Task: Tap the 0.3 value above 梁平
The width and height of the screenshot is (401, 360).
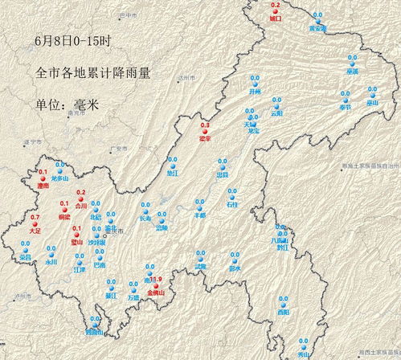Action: pos(205,126)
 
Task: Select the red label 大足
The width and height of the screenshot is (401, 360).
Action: pos(35,230)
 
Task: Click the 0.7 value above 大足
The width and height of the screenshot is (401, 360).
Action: pos(35,217)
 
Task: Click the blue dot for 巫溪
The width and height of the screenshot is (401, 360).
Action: pos(351,64)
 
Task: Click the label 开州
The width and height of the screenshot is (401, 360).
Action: pos(256,92)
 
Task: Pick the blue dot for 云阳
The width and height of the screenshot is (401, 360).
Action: pos(276,107)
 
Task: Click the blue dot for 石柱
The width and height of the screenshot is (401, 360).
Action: pos(231,199)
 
